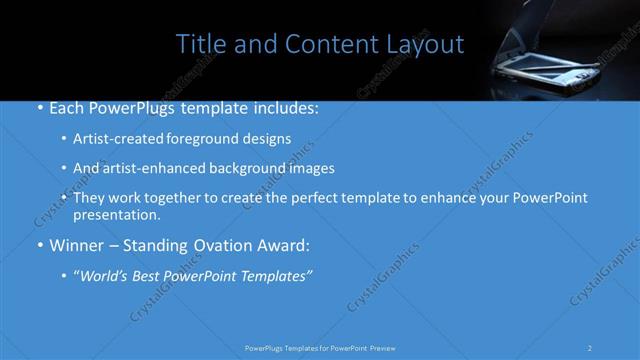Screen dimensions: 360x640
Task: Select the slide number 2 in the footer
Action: (x=590, y=347)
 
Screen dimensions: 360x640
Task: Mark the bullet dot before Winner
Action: (x=38, y=245)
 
